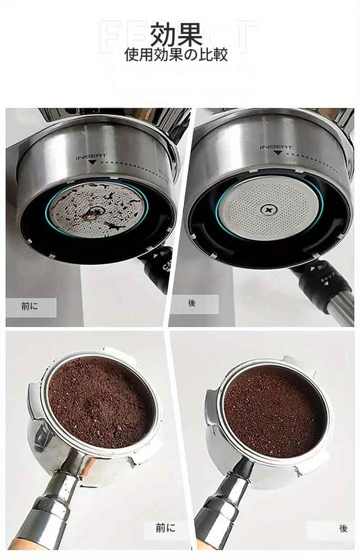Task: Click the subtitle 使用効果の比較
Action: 176,55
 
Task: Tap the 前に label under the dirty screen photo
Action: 31,306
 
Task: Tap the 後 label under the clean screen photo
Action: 192,303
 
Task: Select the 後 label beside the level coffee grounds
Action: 343,528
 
